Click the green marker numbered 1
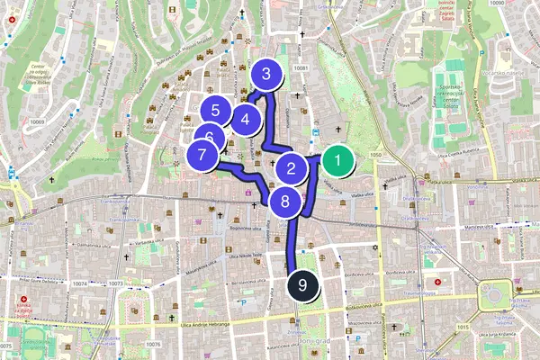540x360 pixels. pos(337,162)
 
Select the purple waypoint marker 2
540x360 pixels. pos(291,167)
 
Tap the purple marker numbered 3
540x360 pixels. pos(265,76)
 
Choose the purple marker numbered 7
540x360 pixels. pos(203,155)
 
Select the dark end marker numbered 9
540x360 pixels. pos(303,285)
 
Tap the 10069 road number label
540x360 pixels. pos(37,121)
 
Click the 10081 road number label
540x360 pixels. pos(301,68)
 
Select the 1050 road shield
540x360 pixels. pos(375,156)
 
